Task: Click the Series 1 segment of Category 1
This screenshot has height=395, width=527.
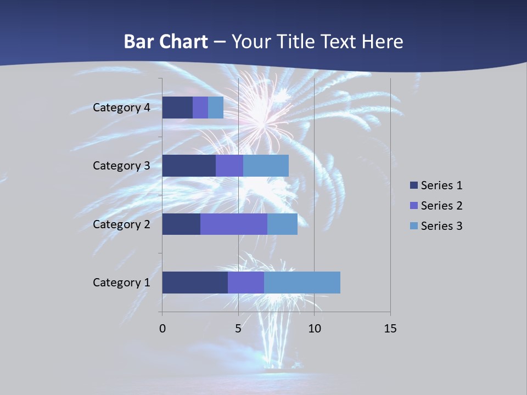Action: pos(195,283)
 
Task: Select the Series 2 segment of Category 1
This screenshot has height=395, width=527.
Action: pos(246,283)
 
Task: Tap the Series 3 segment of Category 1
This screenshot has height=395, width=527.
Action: pos(302,283)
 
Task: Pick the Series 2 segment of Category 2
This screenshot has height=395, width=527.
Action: pos(234,224)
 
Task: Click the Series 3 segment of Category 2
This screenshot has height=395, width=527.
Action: pos(282,224)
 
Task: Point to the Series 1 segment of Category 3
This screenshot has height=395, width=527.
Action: pos(189,166)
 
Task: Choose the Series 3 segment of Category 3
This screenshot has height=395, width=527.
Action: pos(266,166)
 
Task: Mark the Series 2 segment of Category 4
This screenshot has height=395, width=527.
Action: pos(200,108)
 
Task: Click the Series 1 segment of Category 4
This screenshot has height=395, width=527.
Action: pos(177,108)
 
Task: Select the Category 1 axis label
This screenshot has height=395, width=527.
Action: pos(121,283)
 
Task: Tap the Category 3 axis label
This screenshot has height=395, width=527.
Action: pos(121,166)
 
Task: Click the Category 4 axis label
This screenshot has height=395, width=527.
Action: pos(121,108)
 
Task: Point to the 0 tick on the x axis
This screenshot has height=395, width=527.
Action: pos(162,329)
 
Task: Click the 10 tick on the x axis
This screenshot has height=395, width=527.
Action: pos(314,329)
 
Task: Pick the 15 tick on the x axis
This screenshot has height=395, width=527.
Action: pos(390,329)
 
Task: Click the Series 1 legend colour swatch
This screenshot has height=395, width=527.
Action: pos(413,185)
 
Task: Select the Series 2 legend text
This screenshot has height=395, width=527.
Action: pos(441,206)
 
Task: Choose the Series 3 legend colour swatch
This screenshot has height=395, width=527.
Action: pos(413,225)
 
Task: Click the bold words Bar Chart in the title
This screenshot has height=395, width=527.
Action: pos(166,42)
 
